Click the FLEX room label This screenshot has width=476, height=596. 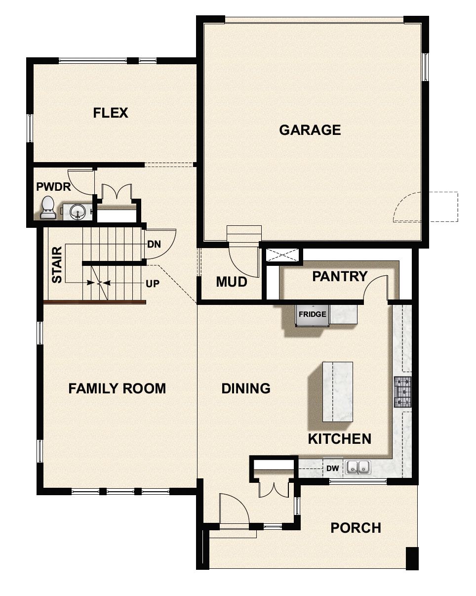click(x=111, y=113)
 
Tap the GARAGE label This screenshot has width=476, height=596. click(x=310, y=130)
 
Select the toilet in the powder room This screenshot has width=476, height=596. click(x=48, y=208)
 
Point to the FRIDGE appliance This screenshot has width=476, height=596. click(x=312, y=315)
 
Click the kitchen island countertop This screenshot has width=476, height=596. click(x=337, y=391)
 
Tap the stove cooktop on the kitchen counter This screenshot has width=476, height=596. click(x=402, y=392)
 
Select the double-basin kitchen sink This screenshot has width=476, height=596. click(x=358, y=467)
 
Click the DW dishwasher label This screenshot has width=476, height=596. click(x=332, y=468)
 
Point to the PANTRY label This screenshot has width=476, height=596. click(x=340, y=276)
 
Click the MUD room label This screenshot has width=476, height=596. click(x=232, y=282)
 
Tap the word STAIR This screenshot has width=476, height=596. click(x=57, y=265)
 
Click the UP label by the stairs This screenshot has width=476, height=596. click(x=153, y=285)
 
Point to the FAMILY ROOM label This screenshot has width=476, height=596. click(x=117, y=388)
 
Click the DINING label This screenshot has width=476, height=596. click(x=246, y=388)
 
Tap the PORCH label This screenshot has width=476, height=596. click(x=356, y=528)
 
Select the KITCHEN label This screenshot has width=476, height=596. click(x=340, y=438)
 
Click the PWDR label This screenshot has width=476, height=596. click(x=54, y=187)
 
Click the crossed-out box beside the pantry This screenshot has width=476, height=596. click(x=282, y=255)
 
